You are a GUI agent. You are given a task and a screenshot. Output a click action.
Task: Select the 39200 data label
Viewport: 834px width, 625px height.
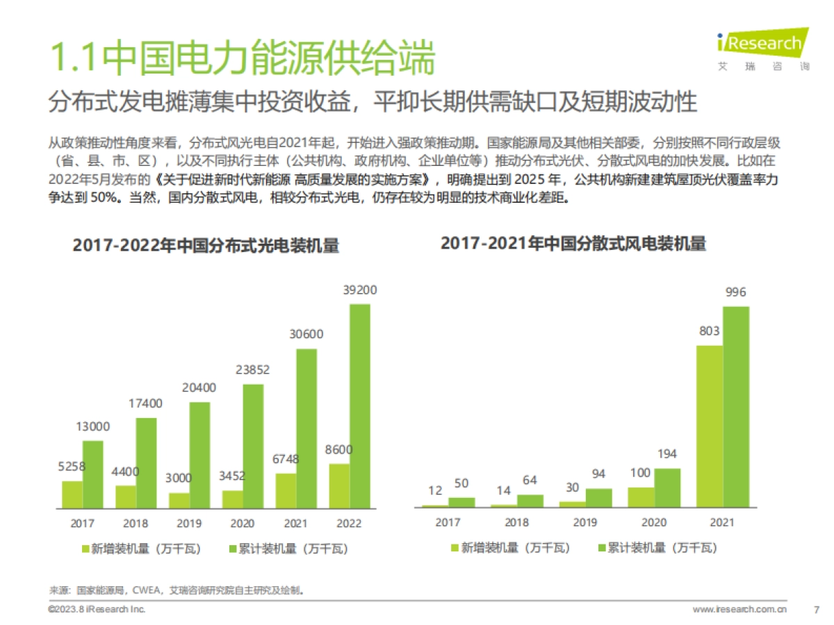(360, 290)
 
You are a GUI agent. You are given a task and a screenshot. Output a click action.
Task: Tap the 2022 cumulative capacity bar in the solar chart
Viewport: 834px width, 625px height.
(359, 406)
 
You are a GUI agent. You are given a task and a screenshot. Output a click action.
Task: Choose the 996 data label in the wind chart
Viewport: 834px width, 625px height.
(735, 292)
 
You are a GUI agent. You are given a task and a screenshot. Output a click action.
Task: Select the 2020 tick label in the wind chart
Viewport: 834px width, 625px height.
(654, 523)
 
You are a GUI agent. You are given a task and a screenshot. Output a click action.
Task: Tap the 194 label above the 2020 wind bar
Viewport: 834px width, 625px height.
(667, 454)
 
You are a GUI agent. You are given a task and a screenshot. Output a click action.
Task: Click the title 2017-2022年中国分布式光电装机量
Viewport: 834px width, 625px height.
(206, 247)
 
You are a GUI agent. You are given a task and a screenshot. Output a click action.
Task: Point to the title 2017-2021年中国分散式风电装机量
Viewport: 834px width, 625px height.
(573, 244)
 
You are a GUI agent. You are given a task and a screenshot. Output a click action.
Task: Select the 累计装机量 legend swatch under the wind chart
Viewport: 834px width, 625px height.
(602, 548)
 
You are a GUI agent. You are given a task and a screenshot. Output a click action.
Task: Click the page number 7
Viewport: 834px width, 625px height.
(816, 610)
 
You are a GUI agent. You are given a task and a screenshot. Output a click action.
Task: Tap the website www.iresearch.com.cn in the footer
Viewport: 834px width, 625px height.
(739, 610)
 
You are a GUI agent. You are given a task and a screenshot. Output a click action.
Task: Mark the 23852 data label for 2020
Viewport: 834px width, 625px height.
(253, 369)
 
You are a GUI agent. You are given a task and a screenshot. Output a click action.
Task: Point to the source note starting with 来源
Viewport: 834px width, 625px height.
(177, 591)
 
